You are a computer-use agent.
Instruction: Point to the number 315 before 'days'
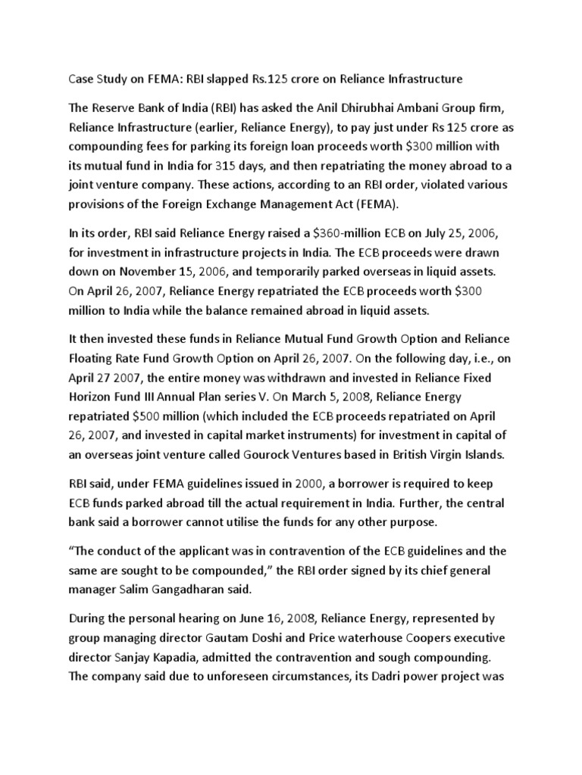click(250, 165)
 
